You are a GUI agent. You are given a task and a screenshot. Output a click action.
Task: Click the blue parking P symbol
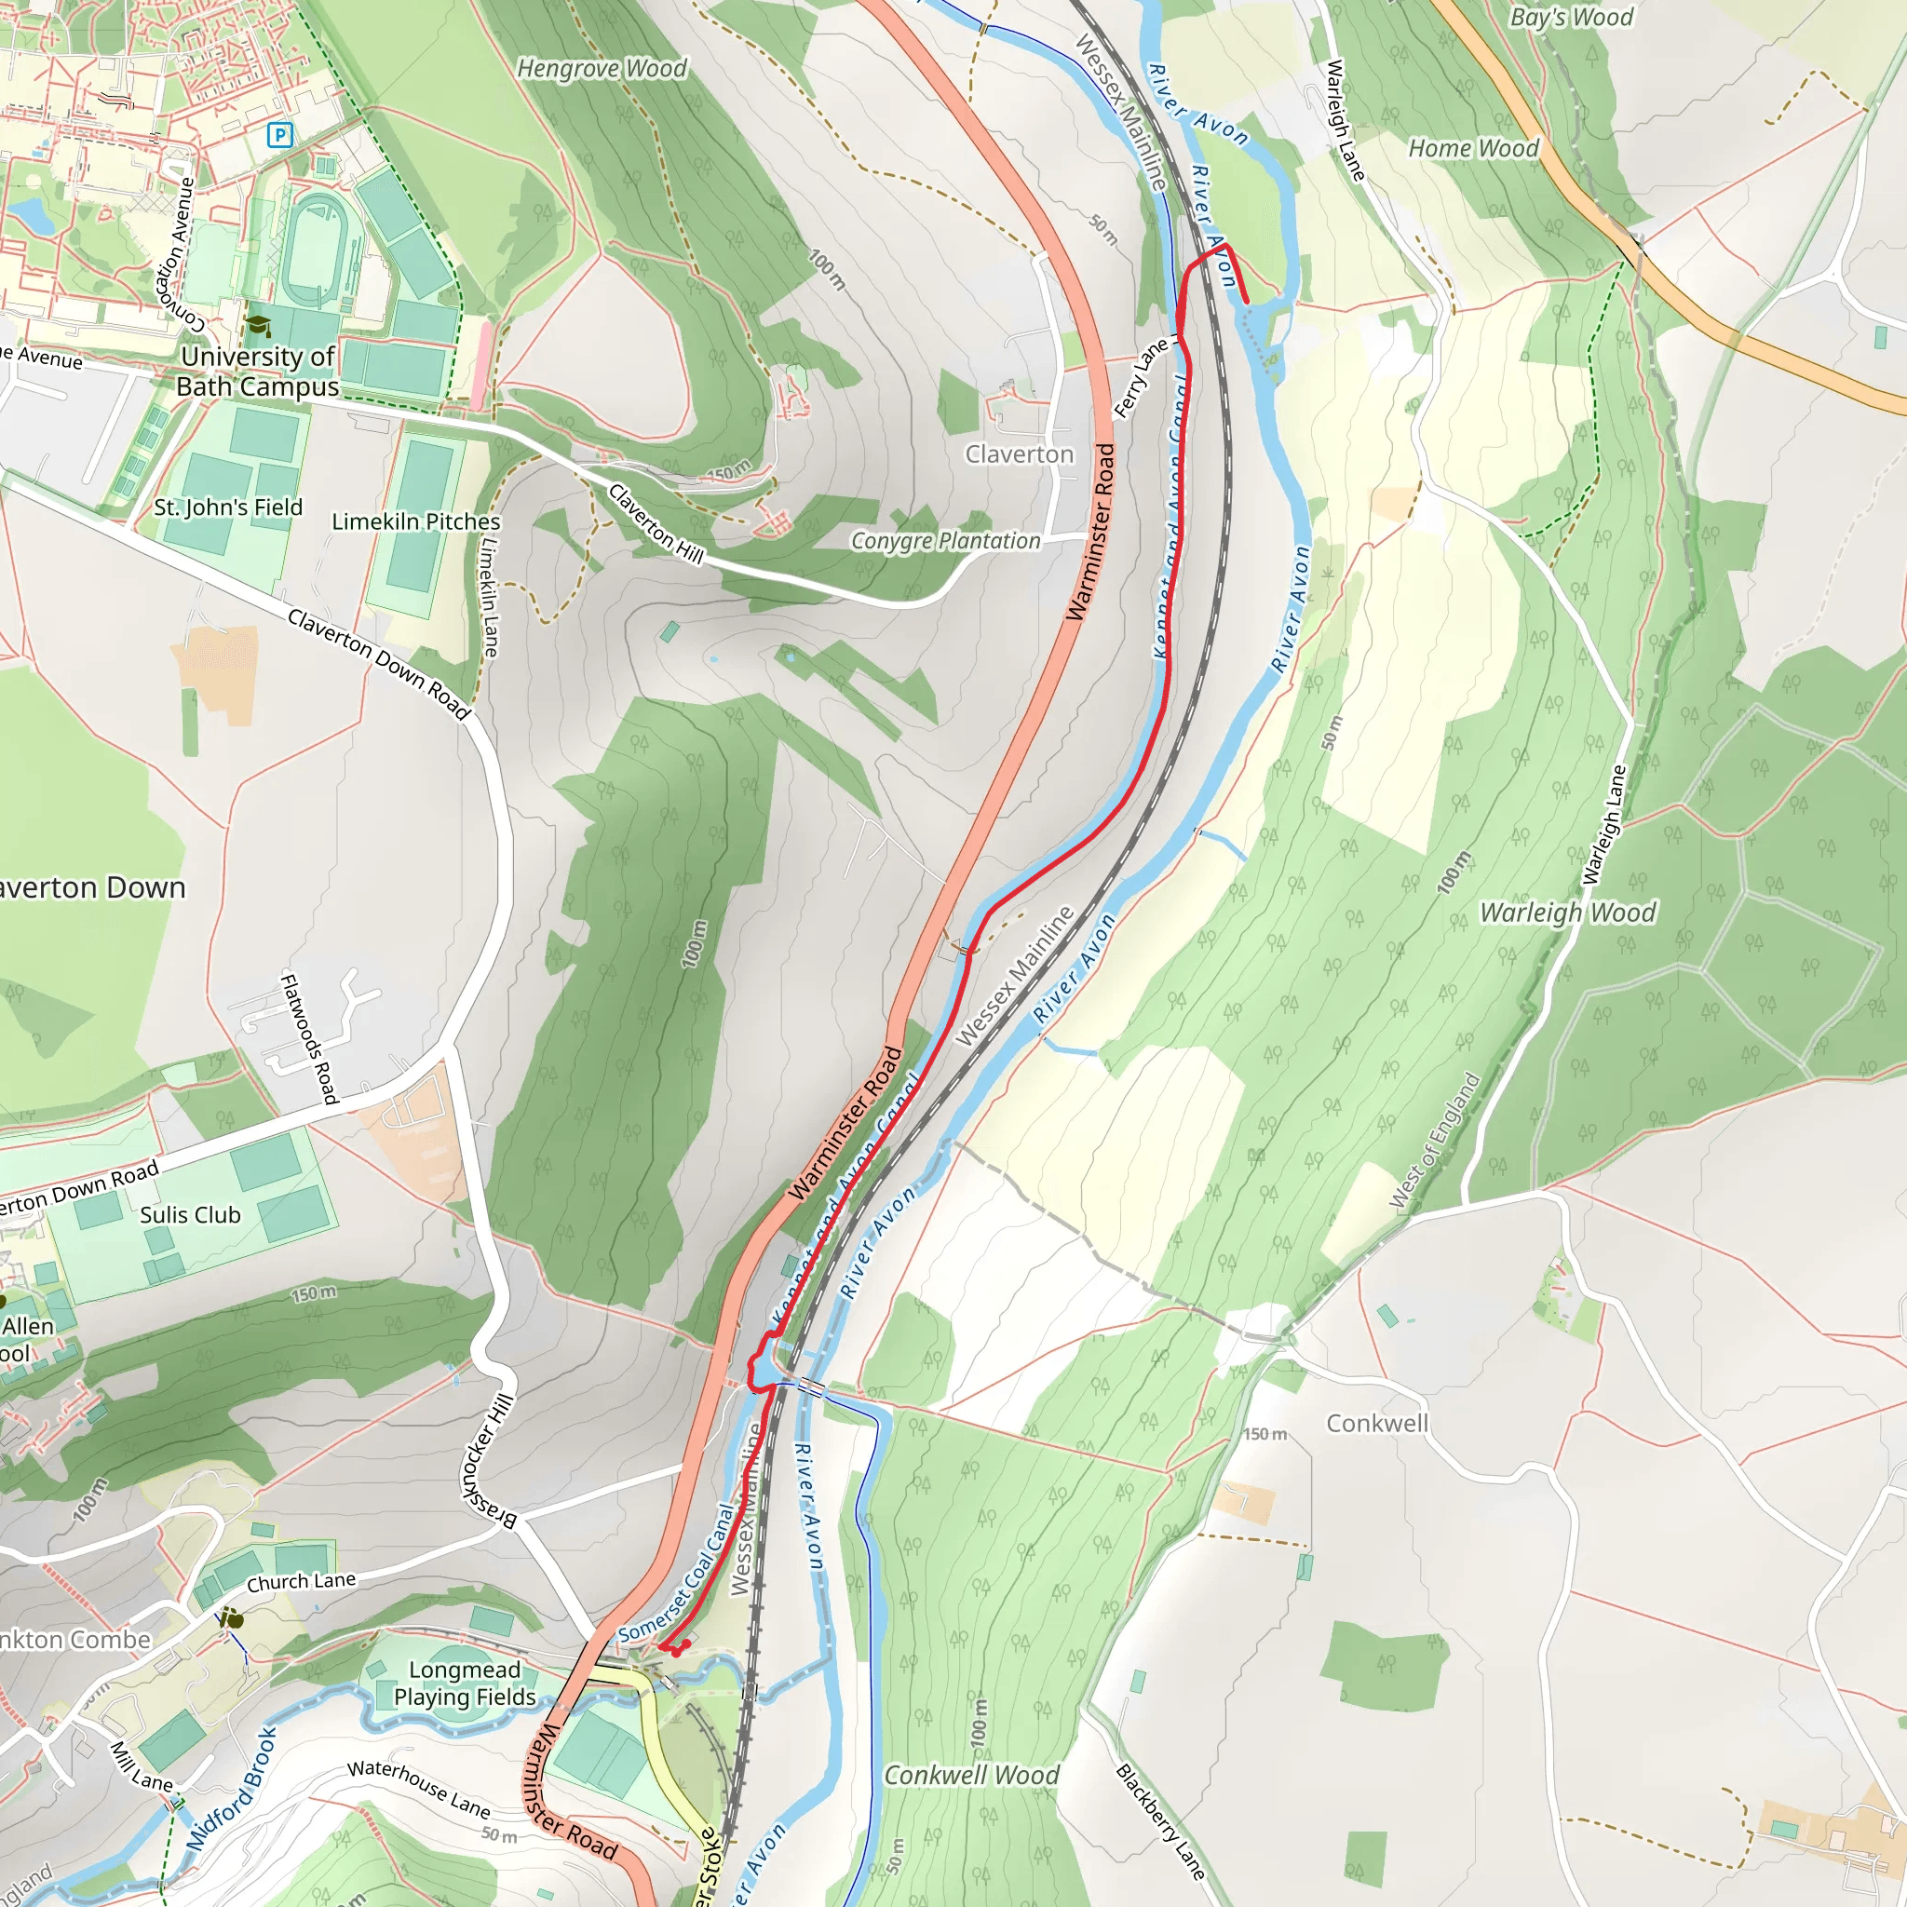pos(280,135)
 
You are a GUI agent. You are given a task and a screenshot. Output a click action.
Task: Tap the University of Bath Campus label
pos(258,372)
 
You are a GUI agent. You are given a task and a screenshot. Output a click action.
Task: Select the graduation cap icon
pos(258,327)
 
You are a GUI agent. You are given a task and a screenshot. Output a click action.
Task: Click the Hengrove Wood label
pos(602,68)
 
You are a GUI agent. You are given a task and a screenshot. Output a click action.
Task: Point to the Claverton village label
pos(1019,454)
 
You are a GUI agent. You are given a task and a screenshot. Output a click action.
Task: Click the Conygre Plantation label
pos(946,541)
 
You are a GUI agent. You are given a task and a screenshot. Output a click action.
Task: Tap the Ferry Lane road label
pos(1141,379)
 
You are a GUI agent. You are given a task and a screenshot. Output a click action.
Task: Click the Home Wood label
pos(1473,148)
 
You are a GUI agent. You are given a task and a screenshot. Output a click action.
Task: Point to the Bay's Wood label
pos(1572,17)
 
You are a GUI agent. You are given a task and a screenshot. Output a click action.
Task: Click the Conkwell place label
pos(1376,1424)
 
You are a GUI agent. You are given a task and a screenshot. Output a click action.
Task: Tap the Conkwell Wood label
pos(971,1775)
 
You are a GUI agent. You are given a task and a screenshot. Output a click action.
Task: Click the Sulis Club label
pos(191,1215)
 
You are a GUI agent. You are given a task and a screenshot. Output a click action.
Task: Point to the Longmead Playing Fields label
pos(465,1683)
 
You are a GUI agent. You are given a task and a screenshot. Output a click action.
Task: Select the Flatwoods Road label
pos(310,1038)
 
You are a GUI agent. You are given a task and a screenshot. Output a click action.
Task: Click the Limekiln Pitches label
pos(415,521)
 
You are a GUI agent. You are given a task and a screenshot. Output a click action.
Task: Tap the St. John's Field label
pos(228,507)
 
